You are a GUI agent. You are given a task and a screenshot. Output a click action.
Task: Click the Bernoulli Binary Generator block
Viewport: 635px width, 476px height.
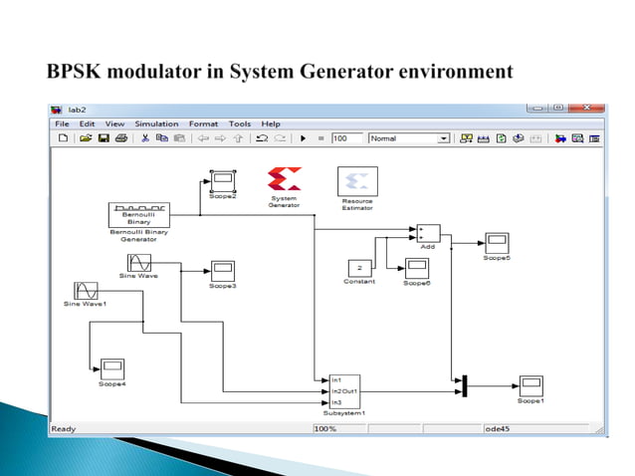tap(137, 214)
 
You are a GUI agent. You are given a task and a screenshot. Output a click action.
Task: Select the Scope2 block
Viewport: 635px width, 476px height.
tap(222, 180)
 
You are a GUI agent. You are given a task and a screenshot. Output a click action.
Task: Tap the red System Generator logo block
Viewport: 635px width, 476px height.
tap(284, 179)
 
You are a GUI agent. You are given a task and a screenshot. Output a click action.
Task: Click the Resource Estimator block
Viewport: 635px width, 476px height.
tap(357, 180)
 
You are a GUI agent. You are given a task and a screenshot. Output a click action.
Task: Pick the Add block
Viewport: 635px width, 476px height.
tap(428, 233)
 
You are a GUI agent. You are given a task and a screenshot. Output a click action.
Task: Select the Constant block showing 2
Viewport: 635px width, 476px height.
tap(359, 267)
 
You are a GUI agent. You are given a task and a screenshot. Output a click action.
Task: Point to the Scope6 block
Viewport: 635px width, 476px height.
tap(416, 267)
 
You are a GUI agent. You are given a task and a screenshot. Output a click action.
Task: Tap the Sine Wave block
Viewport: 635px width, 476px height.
tap(139, 263)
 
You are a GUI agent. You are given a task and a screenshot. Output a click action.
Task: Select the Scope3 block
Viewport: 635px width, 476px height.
tap(221, 270)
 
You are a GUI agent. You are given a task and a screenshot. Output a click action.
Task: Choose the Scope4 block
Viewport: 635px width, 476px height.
tap(110, 367)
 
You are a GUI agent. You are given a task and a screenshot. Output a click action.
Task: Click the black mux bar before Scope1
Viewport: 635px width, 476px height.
tap(464, 385)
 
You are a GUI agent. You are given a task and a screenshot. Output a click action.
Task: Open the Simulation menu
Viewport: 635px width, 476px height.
tap(156, 123)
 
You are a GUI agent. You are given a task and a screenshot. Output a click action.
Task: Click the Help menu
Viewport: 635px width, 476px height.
tap(271, 123)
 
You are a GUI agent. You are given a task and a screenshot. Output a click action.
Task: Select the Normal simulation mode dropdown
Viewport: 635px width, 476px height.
tap(409, 138)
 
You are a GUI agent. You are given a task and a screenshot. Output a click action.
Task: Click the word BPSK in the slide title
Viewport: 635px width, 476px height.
tap(79, 72)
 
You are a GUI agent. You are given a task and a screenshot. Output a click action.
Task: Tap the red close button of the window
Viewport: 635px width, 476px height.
tap(590, 107)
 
